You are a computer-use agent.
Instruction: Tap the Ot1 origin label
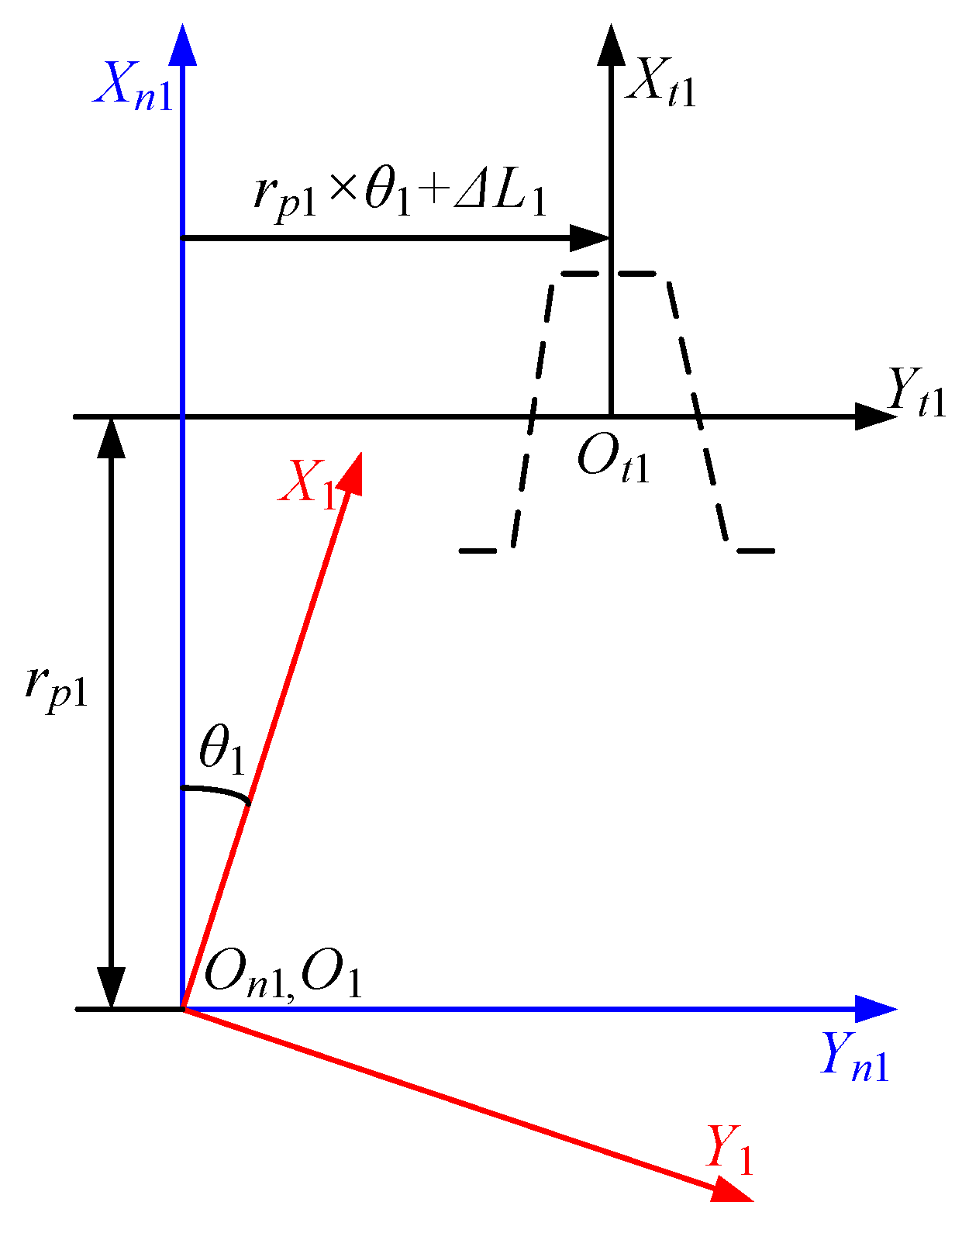coord(613,461)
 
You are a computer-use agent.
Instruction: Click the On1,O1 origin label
coord(283,972)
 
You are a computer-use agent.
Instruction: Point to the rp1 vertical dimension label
coord(56,686)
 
